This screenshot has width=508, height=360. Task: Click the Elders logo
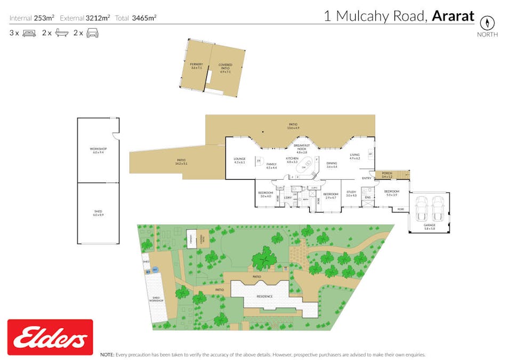point(51,337)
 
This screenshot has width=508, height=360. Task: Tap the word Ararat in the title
point(453,17)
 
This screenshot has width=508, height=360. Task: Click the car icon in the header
point(92,33)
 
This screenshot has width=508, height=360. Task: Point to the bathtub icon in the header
point(61,33)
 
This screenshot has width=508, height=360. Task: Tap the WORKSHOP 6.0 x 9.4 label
point(98,150)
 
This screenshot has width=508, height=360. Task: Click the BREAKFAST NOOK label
point(302,148)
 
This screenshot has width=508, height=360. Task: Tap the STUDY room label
point(351,194)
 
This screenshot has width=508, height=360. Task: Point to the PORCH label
point(386,174)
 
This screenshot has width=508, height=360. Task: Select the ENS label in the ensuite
point(367,198)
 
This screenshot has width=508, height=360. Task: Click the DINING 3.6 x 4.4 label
point(332,165)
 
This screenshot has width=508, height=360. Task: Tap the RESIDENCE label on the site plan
point(264,297)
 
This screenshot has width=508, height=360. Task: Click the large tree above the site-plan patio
point(264,260)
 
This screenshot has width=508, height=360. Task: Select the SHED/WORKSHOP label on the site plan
point(157,299)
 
